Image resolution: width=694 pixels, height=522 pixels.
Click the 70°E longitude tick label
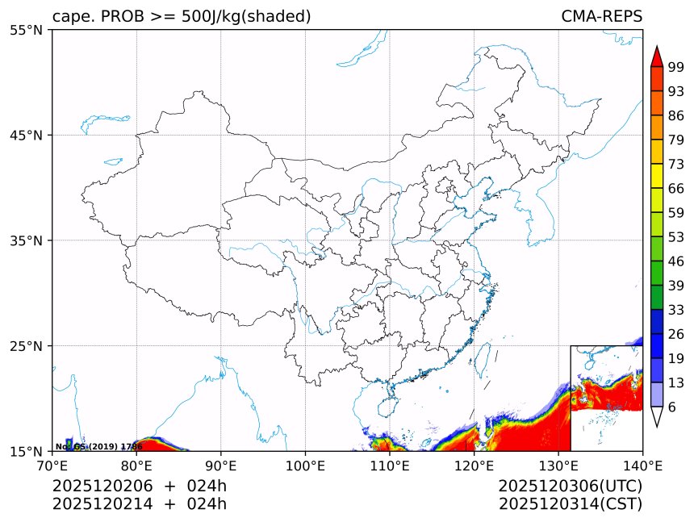[52, 465]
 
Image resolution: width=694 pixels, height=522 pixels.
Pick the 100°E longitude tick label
[305, 465]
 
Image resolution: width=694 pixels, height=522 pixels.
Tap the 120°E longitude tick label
[474, 465]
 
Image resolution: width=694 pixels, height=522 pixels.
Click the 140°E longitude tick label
[642, 465]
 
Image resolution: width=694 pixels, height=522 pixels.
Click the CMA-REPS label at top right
[601, 17]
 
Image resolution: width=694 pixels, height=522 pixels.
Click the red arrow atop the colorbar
[657, 56]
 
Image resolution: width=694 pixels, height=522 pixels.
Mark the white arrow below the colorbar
[657, 416]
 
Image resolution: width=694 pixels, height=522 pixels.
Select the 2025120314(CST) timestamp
[570, 504]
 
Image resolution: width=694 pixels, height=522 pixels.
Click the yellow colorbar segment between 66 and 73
[657, 176]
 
